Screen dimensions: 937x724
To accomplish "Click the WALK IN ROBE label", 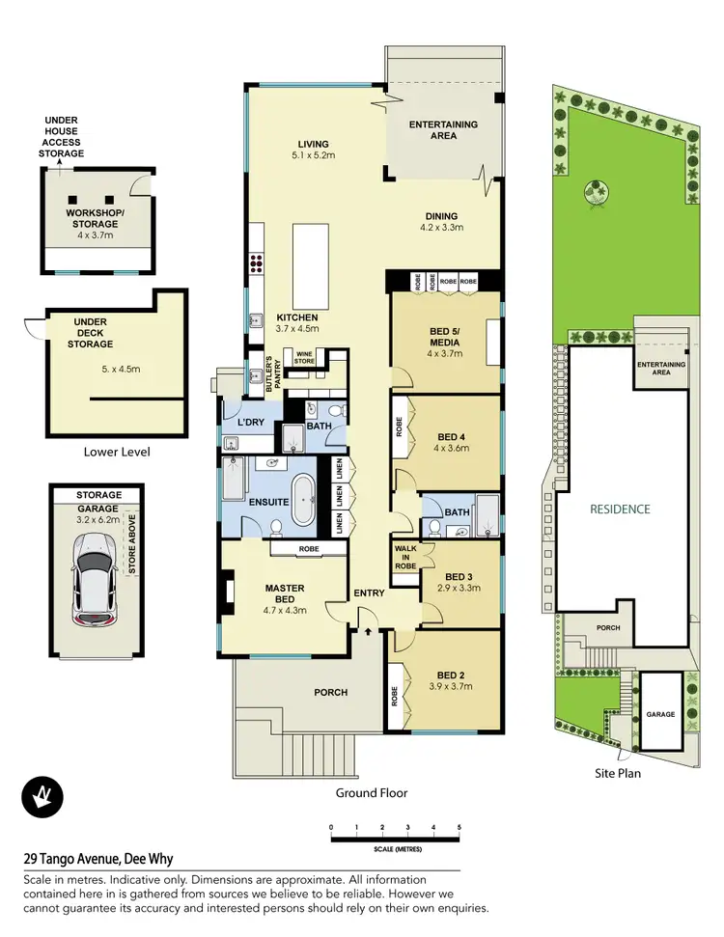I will [x=405, y=558].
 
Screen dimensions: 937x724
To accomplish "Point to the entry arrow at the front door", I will [x=370, y=630].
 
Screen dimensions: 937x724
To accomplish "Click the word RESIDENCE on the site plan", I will [x=622, y=509].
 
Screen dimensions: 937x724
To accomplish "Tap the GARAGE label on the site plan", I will [x=660, y=716].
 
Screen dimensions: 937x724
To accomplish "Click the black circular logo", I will [x=42, y=797].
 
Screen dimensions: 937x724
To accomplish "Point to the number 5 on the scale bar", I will [x=459, y=828].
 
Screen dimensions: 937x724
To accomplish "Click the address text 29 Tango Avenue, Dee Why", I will [x=97, y=859].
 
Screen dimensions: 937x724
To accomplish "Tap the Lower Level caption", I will [x=117, y=452].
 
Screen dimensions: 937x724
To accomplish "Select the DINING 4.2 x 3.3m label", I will [x=442, y=222].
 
